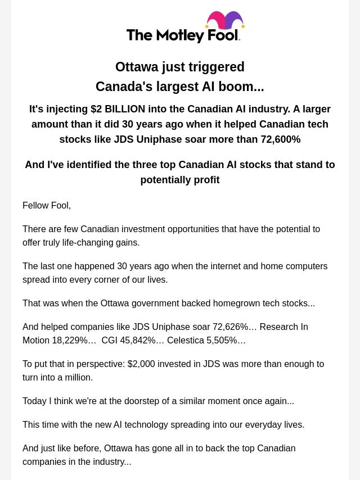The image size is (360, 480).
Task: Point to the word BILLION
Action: coord(125,109)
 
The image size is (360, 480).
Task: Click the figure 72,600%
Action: coord(280,139)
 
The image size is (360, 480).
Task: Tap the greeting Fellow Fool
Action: coord(47,206)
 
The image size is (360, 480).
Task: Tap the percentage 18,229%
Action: coord(70,341)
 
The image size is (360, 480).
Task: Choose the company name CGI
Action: coord(110,341)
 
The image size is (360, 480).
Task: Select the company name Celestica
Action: coord(186,341)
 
